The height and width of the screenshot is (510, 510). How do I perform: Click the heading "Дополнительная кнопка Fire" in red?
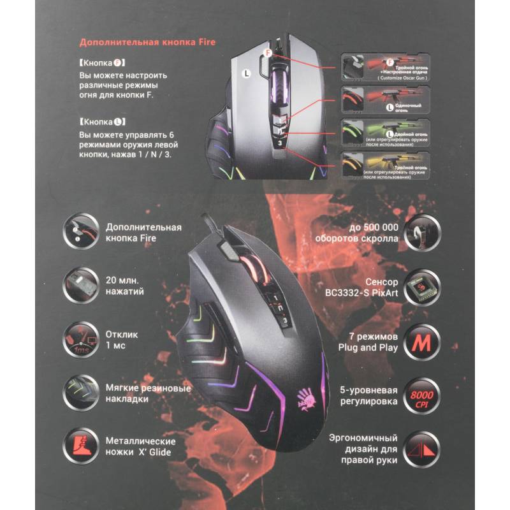147,43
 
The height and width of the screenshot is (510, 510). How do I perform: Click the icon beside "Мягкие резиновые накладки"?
80,391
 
